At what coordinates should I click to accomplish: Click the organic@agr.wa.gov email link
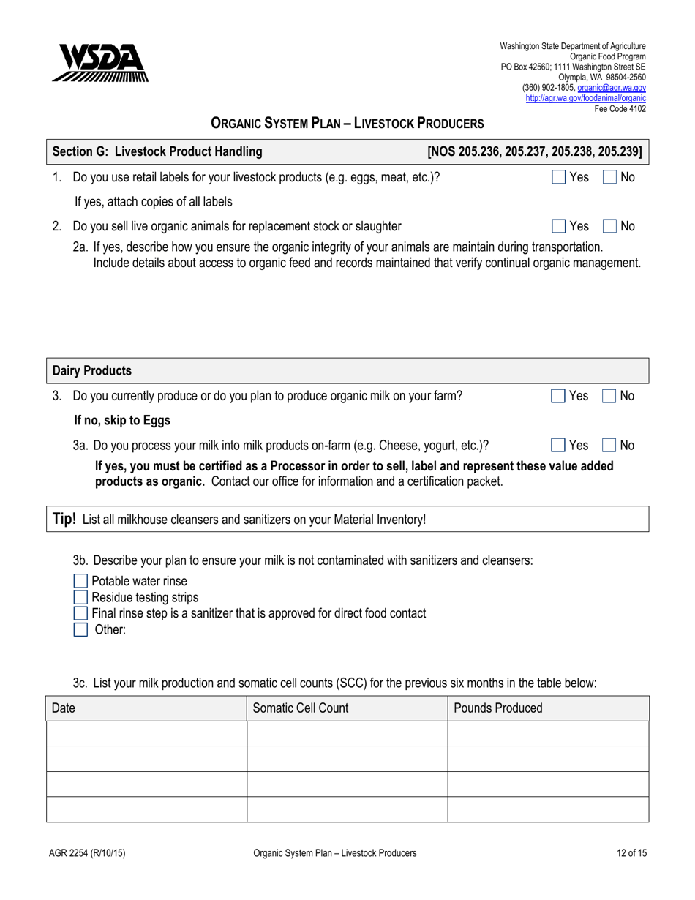click(612, 86)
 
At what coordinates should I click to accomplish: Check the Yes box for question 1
click(558, 177)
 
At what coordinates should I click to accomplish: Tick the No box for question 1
click(609, 177)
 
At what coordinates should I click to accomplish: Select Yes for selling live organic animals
click(558, 226)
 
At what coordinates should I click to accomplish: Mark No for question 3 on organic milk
click(609, 396)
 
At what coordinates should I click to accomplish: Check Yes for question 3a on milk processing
click(558, 445)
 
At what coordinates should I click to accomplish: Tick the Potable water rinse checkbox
click(81, 582)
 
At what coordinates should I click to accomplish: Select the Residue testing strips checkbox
click(81, 597)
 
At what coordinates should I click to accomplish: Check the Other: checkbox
click(81, 629)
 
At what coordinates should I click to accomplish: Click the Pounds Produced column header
click(498, 708)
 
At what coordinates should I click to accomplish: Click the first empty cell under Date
click(146, 733)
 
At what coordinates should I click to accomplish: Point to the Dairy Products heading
click(93, 371)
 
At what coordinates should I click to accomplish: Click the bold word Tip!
click(64, 519)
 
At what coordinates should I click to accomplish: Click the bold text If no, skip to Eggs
click(122, 420)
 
